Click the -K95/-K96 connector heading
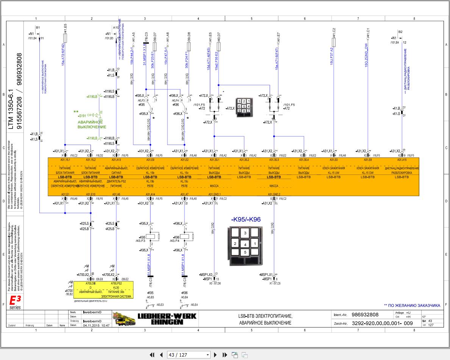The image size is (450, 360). point(246,220)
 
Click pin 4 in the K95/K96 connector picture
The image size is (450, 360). point(245,244)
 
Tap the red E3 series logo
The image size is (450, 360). point(15,302)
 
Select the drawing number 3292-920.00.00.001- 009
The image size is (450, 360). point(382,324)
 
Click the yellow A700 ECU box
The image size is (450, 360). point(103,290)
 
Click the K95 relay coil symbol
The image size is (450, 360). point(152,237)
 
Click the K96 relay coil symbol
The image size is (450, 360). point(186,237)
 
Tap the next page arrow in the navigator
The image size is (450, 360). point(216,355)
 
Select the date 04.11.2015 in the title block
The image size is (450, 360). point(96,325)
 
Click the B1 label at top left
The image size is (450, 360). point(37,28)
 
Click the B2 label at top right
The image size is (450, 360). point(400,32)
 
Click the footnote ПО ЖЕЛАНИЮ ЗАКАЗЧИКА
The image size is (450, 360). point(412,305)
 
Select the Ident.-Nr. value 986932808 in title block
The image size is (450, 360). point(365,315)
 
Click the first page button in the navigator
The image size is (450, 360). point(152,355)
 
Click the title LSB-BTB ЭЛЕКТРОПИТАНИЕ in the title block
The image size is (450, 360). point(265,316)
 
